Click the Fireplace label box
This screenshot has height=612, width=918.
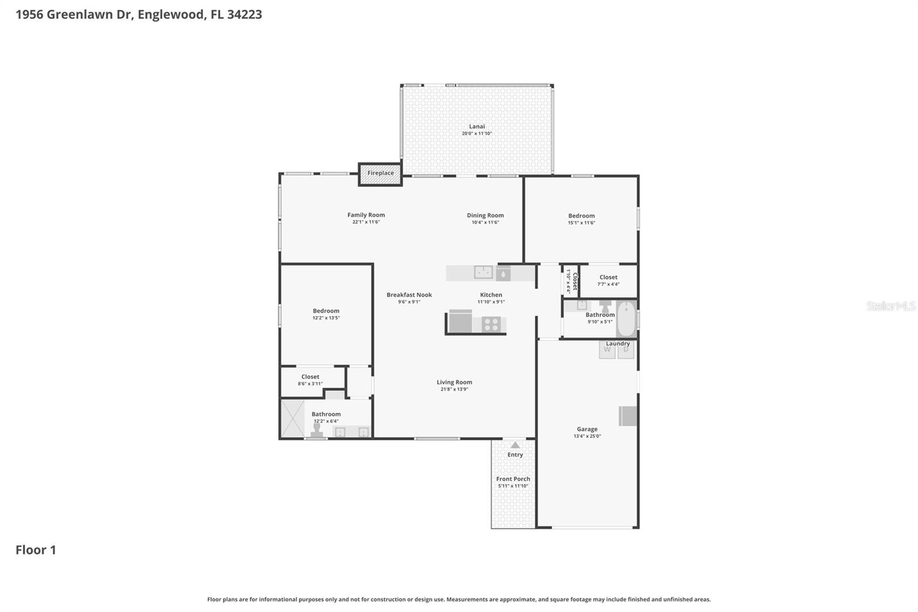[x=380, y=173]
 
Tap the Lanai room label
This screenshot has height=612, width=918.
[x=477, y=126]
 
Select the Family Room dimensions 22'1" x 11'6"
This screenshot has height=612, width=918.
[x=366, y=222]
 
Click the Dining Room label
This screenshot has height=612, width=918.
[x=485, y=215]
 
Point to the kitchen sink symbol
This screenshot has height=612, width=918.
[x=483, y=272]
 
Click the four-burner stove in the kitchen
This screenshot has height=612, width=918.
[x=491, y=324]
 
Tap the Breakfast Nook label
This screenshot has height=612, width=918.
[x=409, y=295]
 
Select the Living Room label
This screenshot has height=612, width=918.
[x=454, y=382]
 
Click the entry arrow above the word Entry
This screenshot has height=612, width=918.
[x=515, y=445]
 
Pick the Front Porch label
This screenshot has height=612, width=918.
[x=513, y=479]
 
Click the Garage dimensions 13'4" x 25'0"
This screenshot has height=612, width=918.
[x=587, y=436]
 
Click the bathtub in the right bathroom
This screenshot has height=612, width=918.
[x=627, y=319]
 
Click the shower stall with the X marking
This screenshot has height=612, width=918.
[x=293, y=419]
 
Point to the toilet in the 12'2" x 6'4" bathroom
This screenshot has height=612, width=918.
[x=317, y=431]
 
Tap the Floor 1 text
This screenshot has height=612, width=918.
[x=36, y=550]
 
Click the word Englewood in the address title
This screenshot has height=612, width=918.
[x=170, y=14]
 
